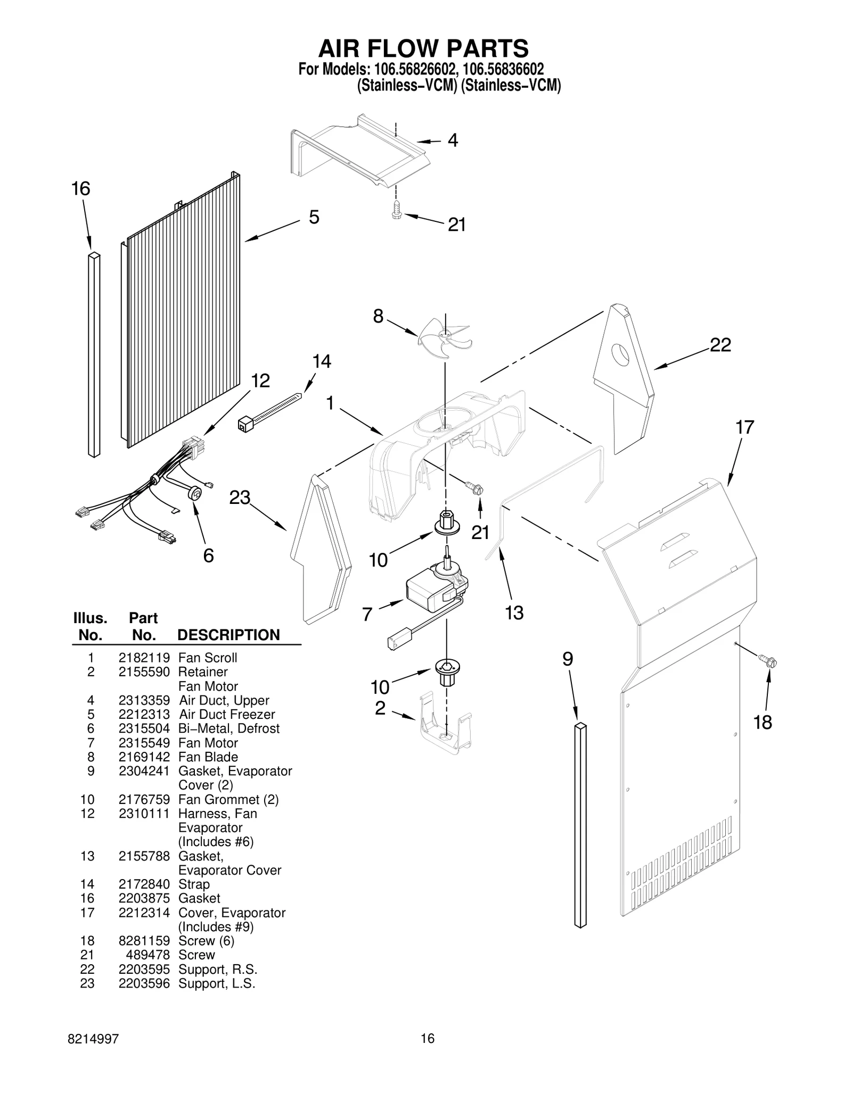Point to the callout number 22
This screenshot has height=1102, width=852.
720,345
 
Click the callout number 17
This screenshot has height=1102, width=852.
744,427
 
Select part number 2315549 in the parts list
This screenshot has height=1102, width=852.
144,743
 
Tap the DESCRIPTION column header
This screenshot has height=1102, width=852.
228,635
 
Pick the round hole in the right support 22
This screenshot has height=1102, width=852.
620,354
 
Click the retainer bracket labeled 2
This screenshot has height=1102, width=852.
446,725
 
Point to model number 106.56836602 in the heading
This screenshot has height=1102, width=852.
503,70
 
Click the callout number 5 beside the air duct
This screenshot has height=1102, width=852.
314,217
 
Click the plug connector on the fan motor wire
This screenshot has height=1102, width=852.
395,639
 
